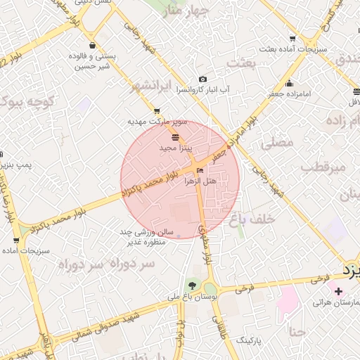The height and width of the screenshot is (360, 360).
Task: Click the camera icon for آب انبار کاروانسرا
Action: [202, 79]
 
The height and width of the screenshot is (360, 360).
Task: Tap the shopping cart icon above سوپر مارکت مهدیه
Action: [156, 110]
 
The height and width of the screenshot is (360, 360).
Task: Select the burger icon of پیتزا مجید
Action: [174, 137]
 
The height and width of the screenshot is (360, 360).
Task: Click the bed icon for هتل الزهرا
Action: [201, 170]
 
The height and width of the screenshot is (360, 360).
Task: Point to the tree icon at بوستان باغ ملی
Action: [191, 285]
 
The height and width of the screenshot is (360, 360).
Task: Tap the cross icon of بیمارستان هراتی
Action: [339, 291]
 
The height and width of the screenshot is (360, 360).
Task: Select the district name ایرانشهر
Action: [150, 86]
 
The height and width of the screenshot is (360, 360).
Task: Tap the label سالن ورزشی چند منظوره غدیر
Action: [141, 237]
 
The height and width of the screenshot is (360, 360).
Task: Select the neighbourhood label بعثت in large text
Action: [239, 63]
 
